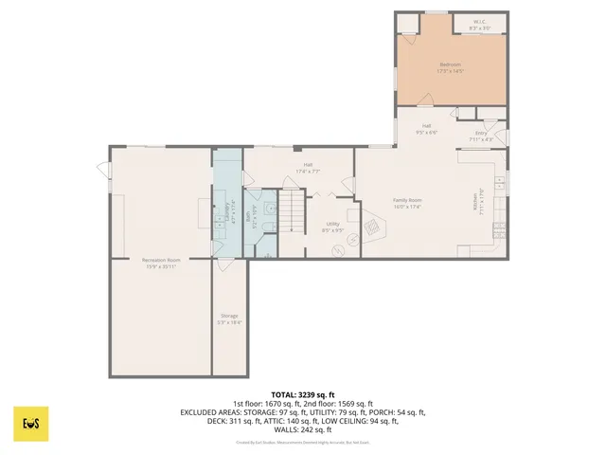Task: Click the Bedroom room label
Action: click(448, 64)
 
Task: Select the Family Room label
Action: click(407, 200)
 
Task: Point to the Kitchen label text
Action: click(478, 200)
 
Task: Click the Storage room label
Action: click(229, 316)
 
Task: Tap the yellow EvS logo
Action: click(30, 424)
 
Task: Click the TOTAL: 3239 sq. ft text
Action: click(303, 394)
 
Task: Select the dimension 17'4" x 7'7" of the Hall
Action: click(308, 172)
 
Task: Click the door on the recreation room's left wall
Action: click(101, 170)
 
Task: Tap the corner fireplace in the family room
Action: click(372, 226)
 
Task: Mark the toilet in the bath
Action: click(270, 210)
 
